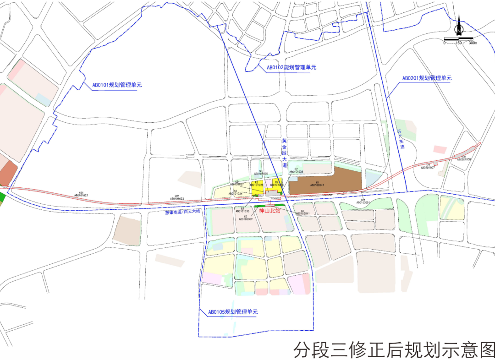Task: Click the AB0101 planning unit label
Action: point(117,85)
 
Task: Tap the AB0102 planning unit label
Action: point(291,67)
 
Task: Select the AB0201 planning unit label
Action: point(427,78)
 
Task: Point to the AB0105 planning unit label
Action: point(233,312)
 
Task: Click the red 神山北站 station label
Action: point(269,211)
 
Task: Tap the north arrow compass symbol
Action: point(459,27)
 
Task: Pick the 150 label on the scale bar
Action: point(458,43)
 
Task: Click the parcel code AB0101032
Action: point(81,195)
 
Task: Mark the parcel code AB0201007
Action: point(428,168)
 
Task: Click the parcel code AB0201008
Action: point(464,159)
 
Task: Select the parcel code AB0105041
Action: point(303,213)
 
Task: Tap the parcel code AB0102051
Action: point(363,202)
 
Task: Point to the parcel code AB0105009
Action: point(246,219)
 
